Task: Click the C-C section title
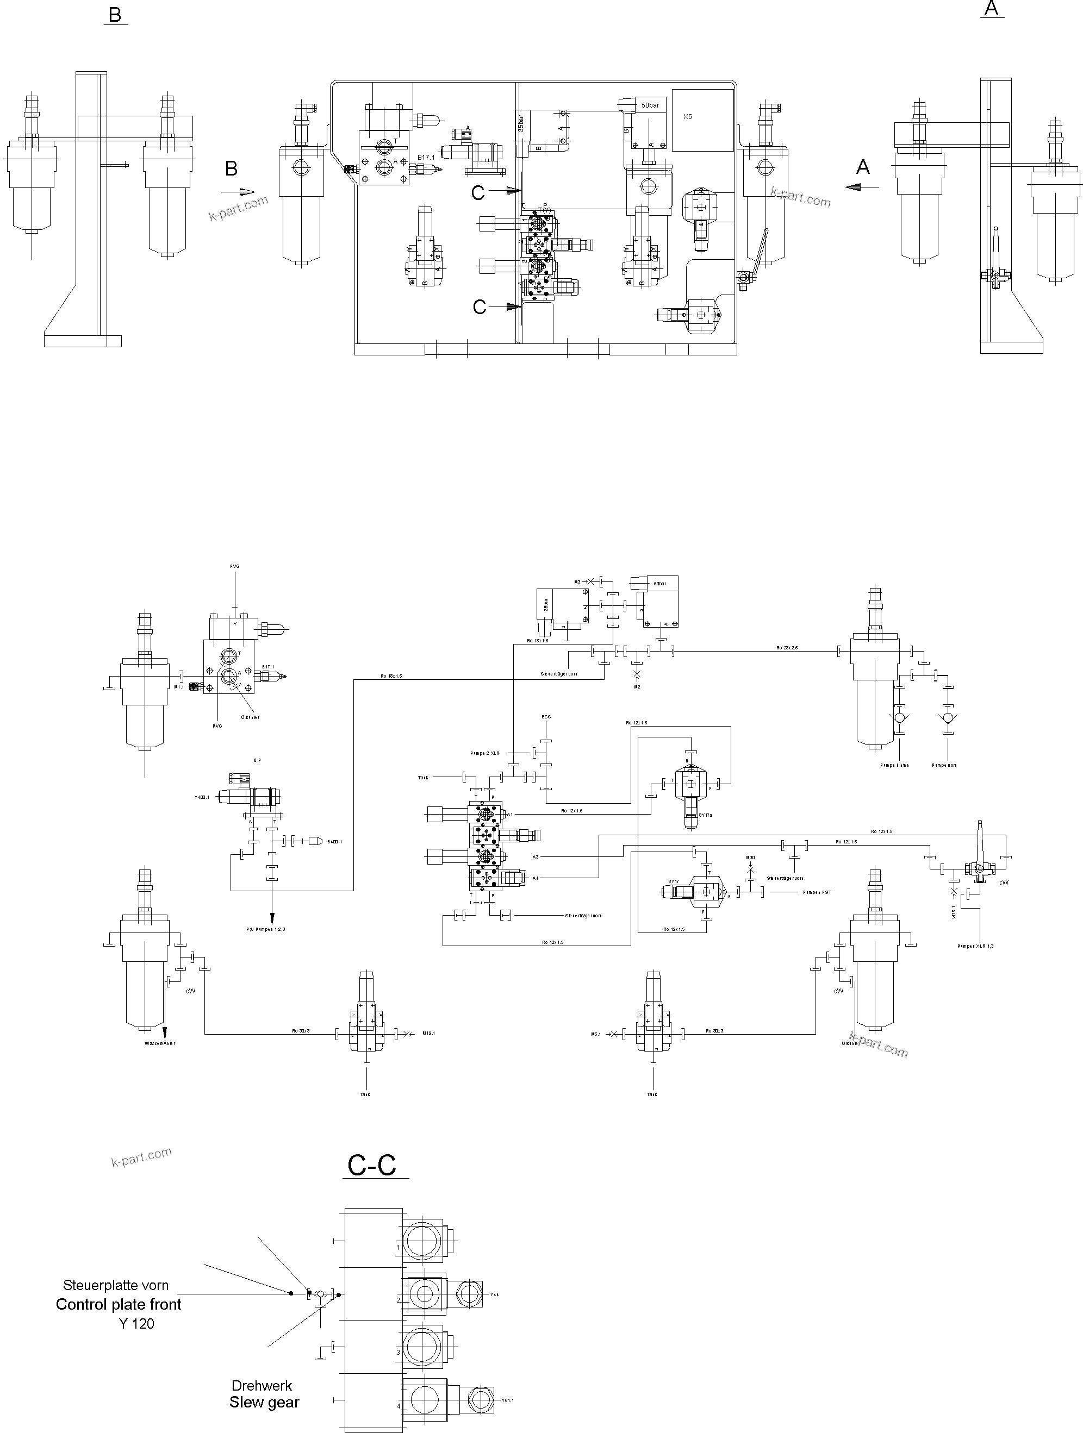click(372, 1165)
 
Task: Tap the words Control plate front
click(119, 1305)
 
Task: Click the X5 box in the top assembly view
click(688, 117)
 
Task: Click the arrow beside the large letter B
click(238, 192)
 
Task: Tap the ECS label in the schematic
click(546, 717)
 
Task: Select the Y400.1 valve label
click(202, 798)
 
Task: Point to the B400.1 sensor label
click(334, 842)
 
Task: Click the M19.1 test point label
click(428, 1033)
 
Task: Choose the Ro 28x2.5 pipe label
click(787, 648)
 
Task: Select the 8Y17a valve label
click(705, 816)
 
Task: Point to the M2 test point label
click(637, 687)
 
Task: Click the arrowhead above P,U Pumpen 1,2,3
click(272, 918)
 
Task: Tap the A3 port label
click(536, 856)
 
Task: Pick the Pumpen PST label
click(817, 892)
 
